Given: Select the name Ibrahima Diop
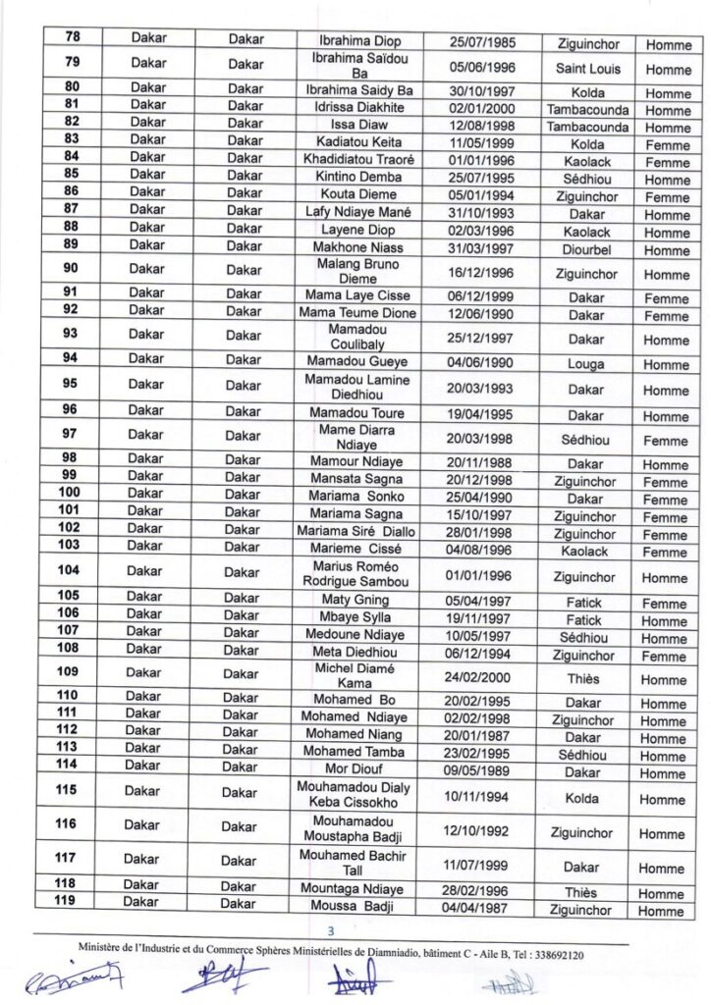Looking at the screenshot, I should click(x=358, y=42).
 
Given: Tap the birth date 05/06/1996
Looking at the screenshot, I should click(x=481, y=69).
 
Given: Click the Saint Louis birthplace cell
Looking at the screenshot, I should click(x=588, y=69).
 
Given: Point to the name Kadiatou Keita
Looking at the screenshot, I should click(x=358, y=143).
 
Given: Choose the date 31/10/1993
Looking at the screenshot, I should click(x=481, y=214).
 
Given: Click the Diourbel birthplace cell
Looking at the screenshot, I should click(x=587, y=249).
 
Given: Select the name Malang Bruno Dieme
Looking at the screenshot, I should click(x=358, y=271).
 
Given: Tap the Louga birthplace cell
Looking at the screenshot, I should click(x=586, y=364).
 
